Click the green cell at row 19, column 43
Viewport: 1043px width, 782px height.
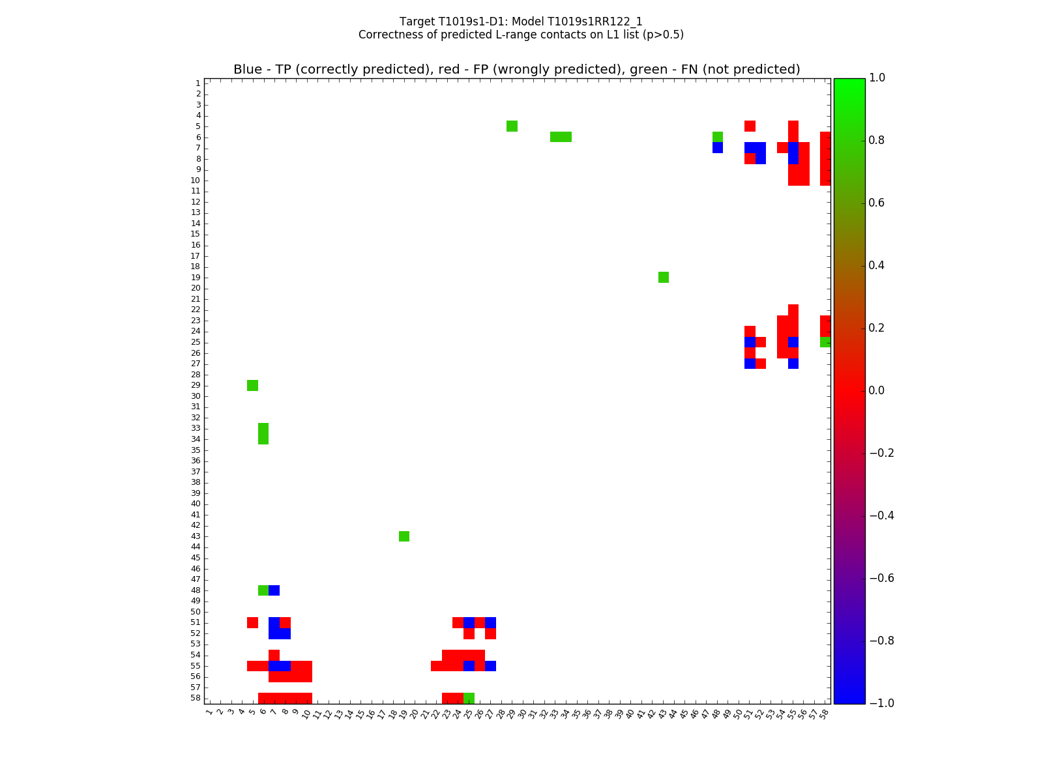click(x=664, y=278)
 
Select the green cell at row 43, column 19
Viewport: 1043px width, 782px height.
click(x=404, y=536)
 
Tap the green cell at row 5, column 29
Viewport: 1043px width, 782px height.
click(x=512, y=126)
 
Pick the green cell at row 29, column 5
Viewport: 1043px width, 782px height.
click(x=252, y=385)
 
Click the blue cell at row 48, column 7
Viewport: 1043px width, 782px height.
click(x=274, y=590)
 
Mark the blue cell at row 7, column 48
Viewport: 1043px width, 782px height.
click(x=718, y=148)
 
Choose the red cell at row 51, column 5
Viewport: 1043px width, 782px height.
click(x=252, y=622)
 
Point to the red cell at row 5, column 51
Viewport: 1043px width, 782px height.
click(x=750, y=126)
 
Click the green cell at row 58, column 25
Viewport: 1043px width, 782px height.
click(x=469, y=698)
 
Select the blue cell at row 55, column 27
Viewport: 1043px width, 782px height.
click(x=490, y=666)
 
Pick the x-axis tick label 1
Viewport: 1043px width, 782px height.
click(x=209, y=712)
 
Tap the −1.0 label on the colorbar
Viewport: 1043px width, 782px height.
click(x=881, y=703)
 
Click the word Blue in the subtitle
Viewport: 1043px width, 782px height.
click(x=248, y=70)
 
